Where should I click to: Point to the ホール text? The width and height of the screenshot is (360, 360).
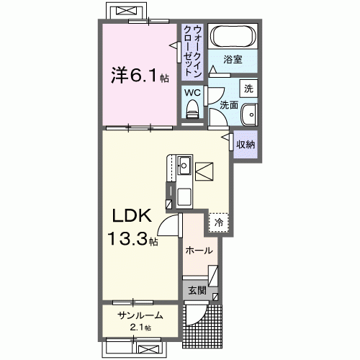click(x=199, y=251)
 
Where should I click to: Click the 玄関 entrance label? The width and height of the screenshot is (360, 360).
click(x=197, y=291)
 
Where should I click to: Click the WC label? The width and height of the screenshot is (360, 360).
click(x=192, y=91)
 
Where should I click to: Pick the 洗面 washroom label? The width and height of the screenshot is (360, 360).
click(x=228, y=105)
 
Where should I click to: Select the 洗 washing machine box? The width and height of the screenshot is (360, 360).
click(x=248, y=89)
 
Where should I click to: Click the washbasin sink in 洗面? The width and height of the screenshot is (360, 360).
click(x=248, y=113)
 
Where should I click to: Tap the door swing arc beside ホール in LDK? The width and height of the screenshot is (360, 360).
click(x=168, y=227)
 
